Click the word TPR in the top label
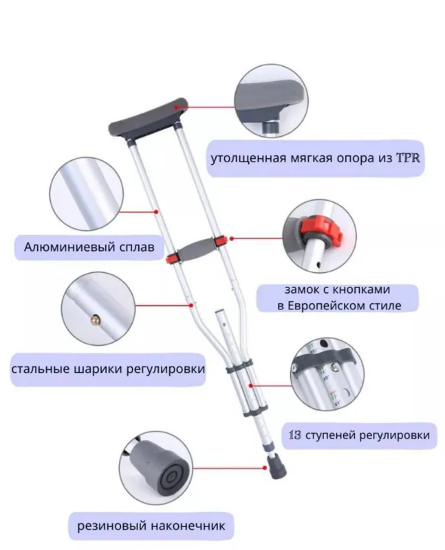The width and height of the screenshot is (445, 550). pyautogui.click(x=408, y=158)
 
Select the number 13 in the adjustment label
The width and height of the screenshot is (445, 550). pyautogui.click(x=295, y=435)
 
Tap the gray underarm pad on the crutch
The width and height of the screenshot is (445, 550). pyautogui.click(x=148, y=118)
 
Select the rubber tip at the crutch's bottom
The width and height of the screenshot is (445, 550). pyautogui.click(x=278, y=466)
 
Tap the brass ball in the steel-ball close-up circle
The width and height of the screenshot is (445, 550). pyautogui.click(x=95, y=319)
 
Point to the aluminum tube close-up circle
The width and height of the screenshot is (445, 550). pyautogui.click(x=87, y=194)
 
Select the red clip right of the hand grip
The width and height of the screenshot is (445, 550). pyautogui.click(x=220, y=241)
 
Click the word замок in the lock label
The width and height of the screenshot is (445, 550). pyautogui.click(x=302, y=289)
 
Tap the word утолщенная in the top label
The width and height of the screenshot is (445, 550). pyautogui.click(x=248, y=159)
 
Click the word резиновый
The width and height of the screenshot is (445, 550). pyautogui.click(x=112, y=526)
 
